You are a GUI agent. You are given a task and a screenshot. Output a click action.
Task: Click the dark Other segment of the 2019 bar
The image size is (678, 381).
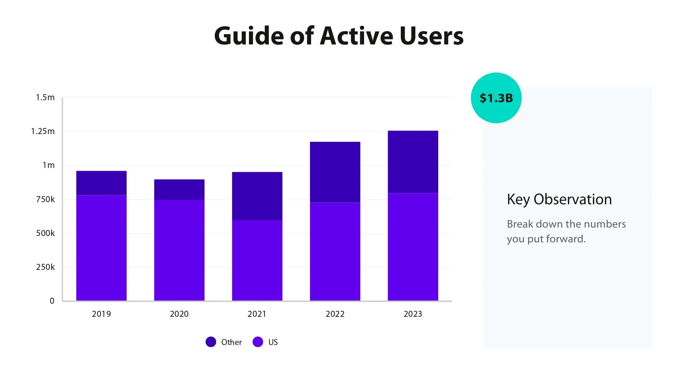point(101,183)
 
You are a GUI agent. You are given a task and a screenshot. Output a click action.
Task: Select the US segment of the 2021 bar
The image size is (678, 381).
point(257,260)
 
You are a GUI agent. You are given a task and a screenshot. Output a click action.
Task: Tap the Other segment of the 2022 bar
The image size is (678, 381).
point(335,172)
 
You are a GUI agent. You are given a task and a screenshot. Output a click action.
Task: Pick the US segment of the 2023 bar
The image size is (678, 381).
point(413,247)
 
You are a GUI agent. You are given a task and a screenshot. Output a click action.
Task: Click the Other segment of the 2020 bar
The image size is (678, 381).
point(179,190)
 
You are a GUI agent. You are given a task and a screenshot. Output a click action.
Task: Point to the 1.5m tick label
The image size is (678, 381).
point(45,97)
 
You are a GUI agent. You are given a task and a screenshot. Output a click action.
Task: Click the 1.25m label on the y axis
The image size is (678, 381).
point(43,131)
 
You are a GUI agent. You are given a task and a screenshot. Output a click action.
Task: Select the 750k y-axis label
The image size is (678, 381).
point(45,199)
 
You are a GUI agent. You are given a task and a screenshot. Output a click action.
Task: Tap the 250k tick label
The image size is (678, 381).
point(45,267)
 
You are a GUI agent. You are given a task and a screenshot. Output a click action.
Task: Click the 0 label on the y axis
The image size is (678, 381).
point(52,301)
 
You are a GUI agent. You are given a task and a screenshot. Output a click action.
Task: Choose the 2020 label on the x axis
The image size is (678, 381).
point(179,314)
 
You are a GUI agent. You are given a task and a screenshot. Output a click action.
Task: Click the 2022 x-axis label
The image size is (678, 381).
point(335,314)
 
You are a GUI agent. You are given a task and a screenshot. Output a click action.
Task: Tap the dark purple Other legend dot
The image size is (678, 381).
point(211,342)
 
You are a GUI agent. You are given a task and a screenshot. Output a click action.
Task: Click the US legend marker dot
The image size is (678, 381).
point(258,342)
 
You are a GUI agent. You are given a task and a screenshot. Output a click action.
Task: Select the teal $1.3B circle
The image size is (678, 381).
point(496,98)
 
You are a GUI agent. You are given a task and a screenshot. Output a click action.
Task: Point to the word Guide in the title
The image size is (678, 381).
point(249,36)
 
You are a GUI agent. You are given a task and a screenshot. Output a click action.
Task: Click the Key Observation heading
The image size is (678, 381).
point(559,200)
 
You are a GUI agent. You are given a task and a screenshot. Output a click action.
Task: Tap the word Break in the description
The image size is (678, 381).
point(520,224)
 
